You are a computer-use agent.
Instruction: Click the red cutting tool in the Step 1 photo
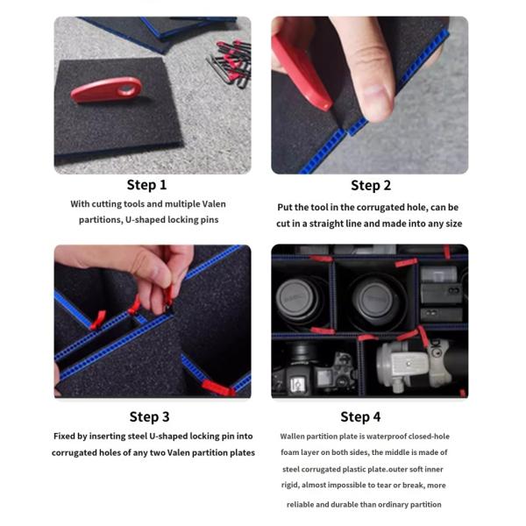pyautogui.click(x=103, y=89)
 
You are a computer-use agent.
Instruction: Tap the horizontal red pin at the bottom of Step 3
pyautogui.click(x=216, y=387)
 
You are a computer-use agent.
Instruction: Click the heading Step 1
pyautogui.click(x=146, y=185)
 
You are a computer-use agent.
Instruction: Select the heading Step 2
pyautogui.click(x=371, y=185)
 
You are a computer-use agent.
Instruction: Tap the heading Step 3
pyautogui.click(x=149, y=416)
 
